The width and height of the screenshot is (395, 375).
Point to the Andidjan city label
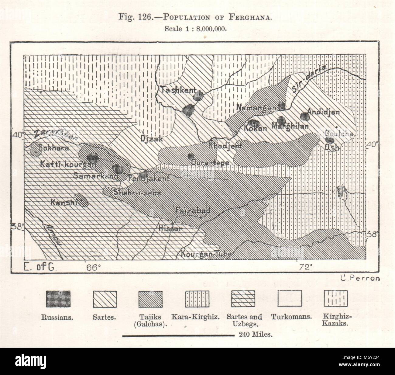323,112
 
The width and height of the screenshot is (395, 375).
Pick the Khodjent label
225,146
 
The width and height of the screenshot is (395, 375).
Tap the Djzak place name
152,139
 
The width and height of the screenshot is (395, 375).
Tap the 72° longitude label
305,268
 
